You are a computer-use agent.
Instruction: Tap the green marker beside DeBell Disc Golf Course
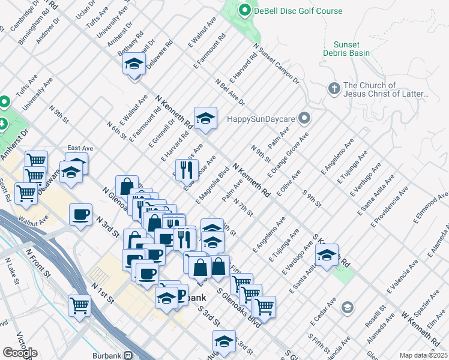click(244, 10)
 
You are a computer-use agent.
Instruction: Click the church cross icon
click(334, 89)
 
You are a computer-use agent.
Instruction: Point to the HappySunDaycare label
click(262, 118)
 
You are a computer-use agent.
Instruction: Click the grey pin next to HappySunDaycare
click(305, 118)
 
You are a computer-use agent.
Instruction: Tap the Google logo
click(20, 353)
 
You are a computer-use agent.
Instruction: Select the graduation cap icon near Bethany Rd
click(134, 63)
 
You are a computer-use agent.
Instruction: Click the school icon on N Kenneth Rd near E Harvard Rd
click(205, 118)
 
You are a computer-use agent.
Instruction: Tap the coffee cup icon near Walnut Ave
click(80, 214)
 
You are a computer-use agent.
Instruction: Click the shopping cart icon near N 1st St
click(79, 305)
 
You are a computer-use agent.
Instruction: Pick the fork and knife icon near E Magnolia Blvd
click(187, 170)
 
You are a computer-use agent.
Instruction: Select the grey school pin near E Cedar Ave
click(347, 308)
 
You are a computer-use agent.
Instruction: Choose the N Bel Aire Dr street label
click(230, 91)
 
